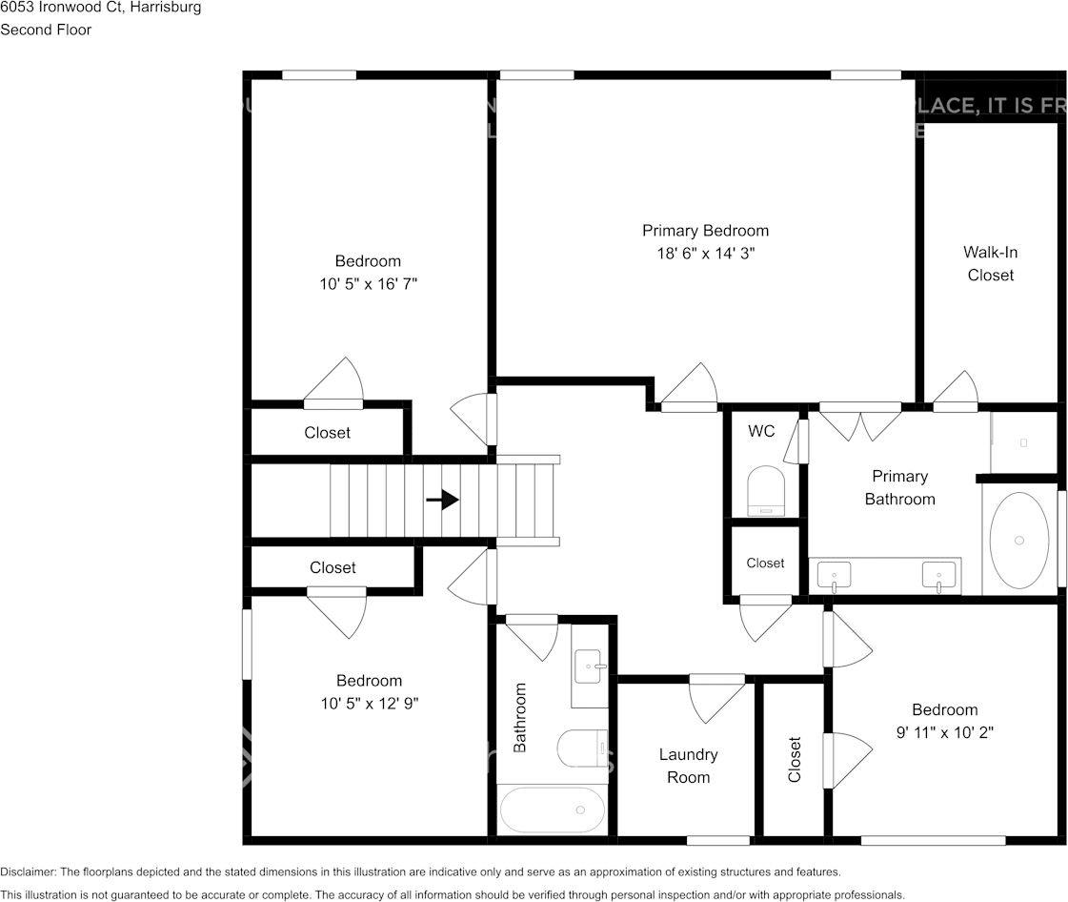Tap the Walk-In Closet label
990,264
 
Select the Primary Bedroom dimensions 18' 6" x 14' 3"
705,254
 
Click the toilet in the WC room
766,489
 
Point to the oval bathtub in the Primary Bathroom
1018,540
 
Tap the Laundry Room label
688,766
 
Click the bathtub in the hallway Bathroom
553,810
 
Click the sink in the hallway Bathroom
588,666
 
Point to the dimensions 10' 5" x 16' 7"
369,284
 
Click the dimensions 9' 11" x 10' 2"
944,732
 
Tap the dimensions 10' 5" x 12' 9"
369,704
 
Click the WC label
761,432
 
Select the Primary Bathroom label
899,487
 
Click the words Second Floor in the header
46,30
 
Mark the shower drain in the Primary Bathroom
1023,442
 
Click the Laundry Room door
716,698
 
